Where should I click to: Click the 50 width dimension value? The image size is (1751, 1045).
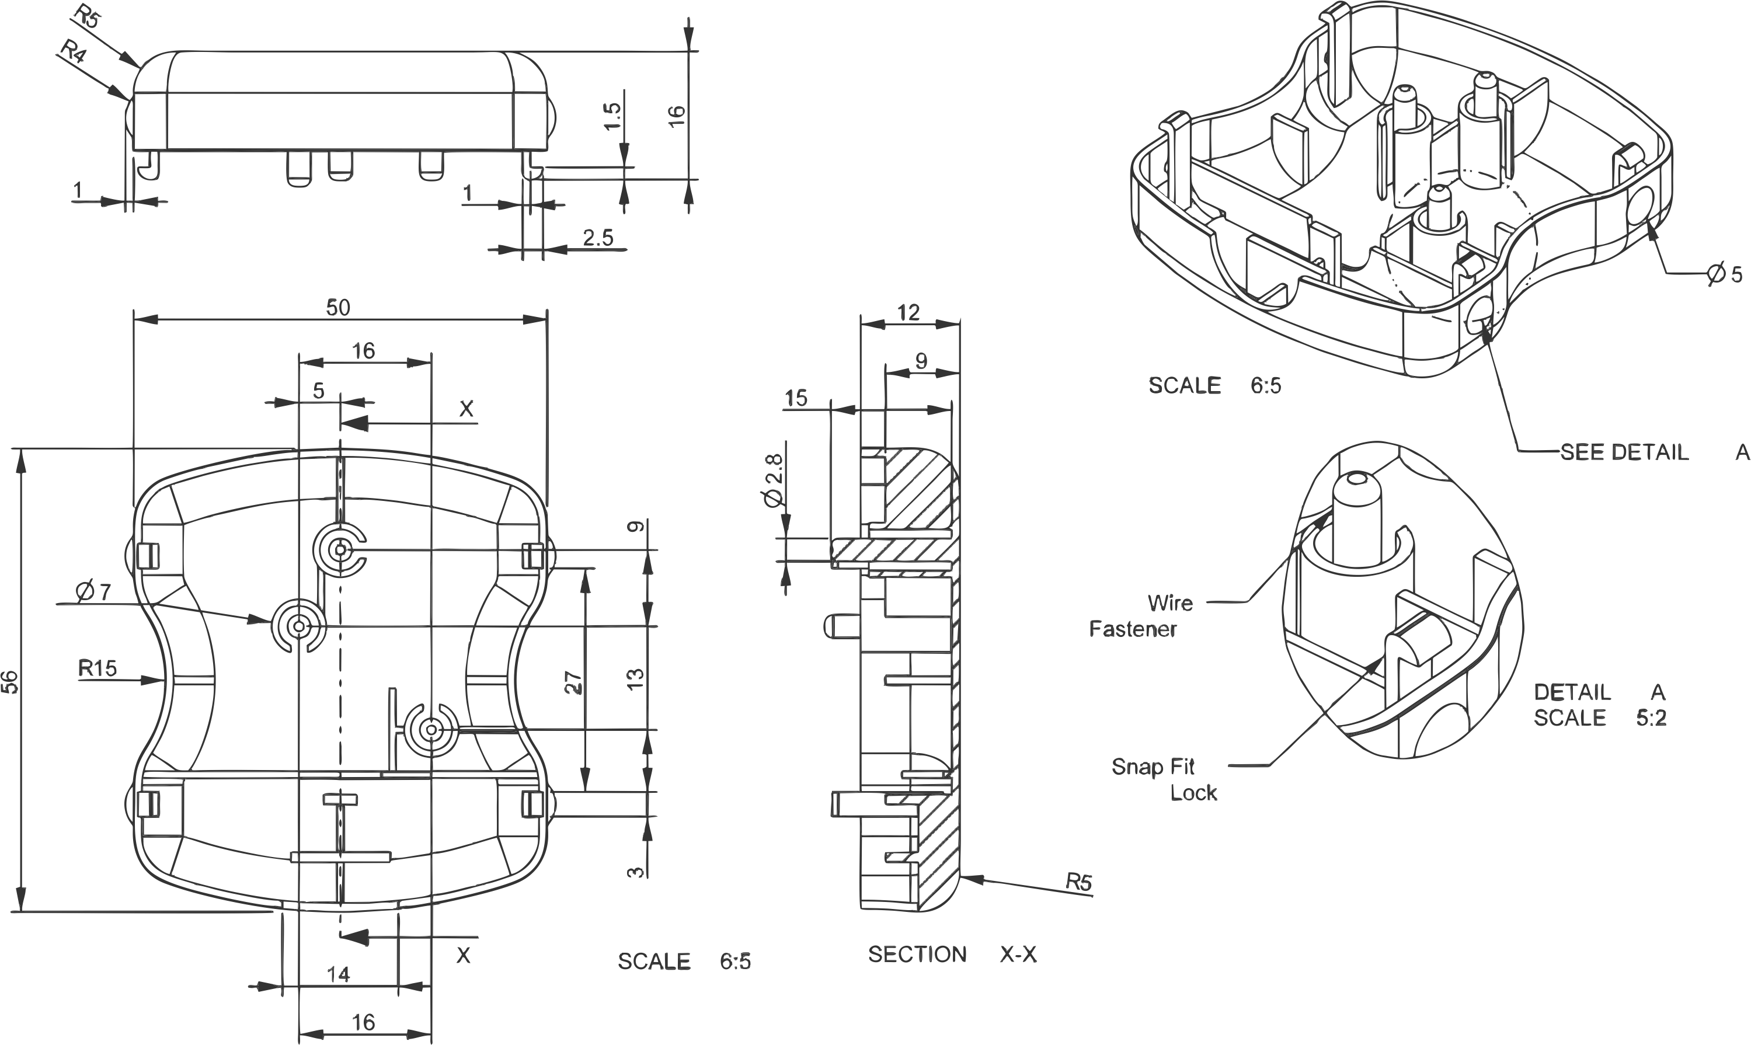pyautogui.click(x=338, y=308)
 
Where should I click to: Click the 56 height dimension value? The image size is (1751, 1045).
pyautogui.click(x=10, y=682)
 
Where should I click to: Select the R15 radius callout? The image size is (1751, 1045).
pyautogui.click(x=98, y=667)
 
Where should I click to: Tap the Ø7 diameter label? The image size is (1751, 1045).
pyautogui.click(x=93, y=592)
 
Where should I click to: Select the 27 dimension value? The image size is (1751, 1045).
pyautogui.click(x=574, y=683)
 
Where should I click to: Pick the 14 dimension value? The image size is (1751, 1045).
pyautogui.click(x=339, y=974)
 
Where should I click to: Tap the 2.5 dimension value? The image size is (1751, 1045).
pyautogui.click(x=598, y=238)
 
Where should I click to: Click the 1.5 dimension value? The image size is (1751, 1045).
pyautogui.click(x=612, y=116)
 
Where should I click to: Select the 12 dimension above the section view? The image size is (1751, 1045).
pyautogui.click(x=909, y=313)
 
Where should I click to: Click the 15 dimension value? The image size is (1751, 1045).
pyautogui.click(x=796, y=399)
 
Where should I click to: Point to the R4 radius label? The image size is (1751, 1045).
pyautogui.click(x=73, y=51)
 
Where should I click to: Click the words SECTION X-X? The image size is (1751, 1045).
pyautogui.click(x=953, y=955)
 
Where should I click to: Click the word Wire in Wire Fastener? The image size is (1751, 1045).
pyautogui.click(x=1170, y=603)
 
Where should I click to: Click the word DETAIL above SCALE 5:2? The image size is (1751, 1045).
pyautogui.click(x=1572, y=692)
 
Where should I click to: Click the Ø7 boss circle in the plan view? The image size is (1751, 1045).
pyautogui.click(x=298, y=626)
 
